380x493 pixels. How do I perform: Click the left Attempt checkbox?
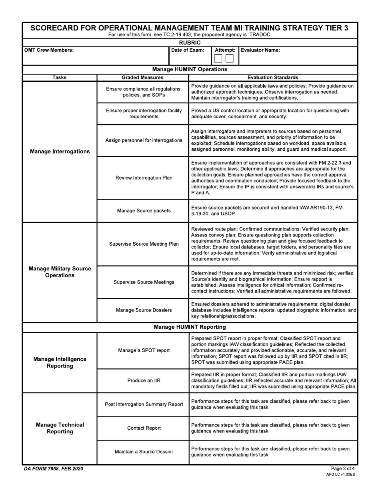(218, 59)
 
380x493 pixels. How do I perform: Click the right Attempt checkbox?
(229, 59)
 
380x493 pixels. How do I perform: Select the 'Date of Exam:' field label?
(188, 50)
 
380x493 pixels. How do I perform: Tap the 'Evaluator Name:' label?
(260, 50)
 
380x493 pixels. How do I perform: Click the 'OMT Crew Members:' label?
(49, 50)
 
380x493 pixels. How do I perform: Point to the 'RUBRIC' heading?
(190, 42)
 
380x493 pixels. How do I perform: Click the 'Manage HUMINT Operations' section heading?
(190, 69)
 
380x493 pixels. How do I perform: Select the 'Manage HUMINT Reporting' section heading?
(190, 327)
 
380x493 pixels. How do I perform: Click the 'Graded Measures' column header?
(142, 77)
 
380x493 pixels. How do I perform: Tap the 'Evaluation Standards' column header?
(273, 77)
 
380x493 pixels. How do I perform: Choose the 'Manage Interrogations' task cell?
(60, 152)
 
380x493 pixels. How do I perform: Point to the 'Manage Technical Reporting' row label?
(60, 428)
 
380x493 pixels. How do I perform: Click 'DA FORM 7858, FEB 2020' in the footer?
(54, 469)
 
